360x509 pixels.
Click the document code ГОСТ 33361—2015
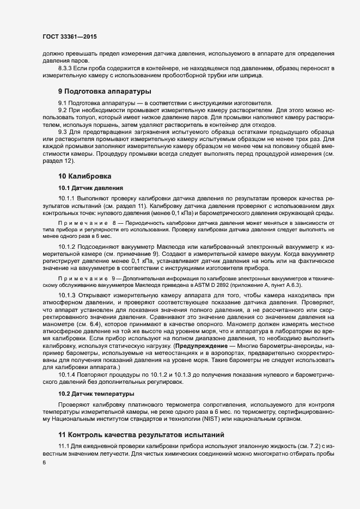tap(70, 36)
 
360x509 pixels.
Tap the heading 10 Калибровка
tap(84, 176)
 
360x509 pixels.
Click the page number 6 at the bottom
tap(44, 462)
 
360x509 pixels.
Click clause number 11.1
tap(64, 446)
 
